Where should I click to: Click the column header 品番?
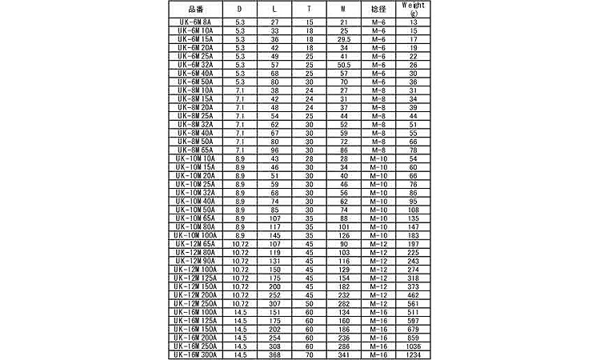[196, 8]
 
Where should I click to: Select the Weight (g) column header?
[414, 8]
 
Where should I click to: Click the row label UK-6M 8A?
[196, 22]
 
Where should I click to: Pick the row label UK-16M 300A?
[196, 354]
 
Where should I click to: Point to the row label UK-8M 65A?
[196, 149]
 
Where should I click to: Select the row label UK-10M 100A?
[196, 236]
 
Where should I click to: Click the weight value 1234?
[414, 354]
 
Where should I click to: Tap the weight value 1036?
[414, 346]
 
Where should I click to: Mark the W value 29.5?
[344, 38]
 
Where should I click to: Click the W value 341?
[344, 354]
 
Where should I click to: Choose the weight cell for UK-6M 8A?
[414, 22]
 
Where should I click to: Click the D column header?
[241, 8]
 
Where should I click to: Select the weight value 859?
[414, 338]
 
